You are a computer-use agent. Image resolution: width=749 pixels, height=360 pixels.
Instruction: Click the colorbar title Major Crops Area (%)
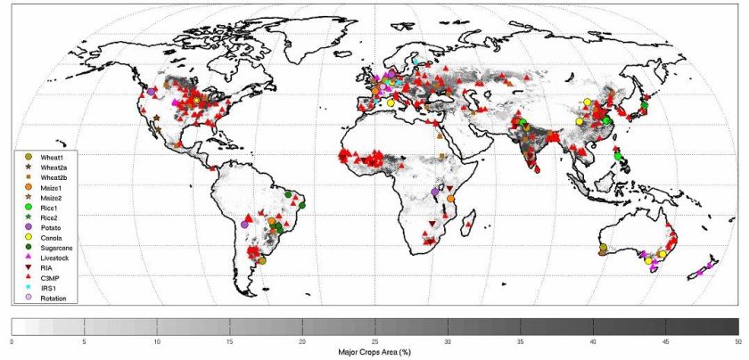(x=374, y=352)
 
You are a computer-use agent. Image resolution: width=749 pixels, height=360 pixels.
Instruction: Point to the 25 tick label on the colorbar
(x=375, y=341)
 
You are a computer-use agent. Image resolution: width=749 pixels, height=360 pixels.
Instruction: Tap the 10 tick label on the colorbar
(x=157, y=341)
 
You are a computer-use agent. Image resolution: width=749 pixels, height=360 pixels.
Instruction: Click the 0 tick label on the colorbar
(x=12, y=341)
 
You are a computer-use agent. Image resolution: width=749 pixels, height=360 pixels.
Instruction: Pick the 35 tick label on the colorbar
(x=521, y=341)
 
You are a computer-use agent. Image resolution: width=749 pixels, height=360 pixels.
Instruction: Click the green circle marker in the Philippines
(x=618, y=156)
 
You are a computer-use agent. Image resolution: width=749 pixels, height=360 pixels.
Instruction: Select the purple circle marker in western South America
(x=244, y=225)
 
